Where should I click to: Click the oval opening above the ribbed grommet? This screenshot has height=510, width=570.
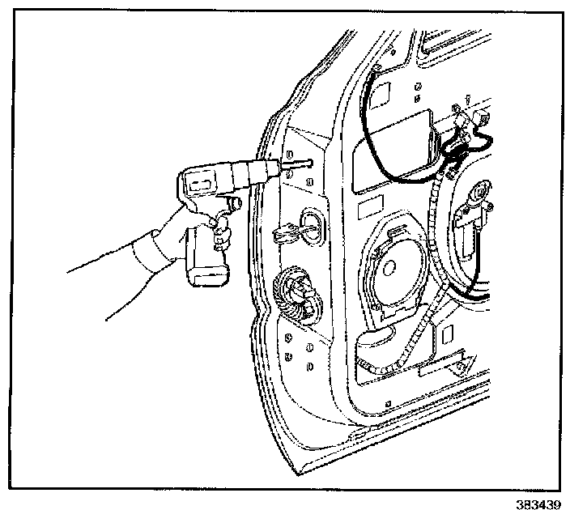click(x=309, y=225)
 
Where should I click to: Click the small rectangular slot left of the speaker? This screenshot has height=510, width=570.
click(x=365, y=210)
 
